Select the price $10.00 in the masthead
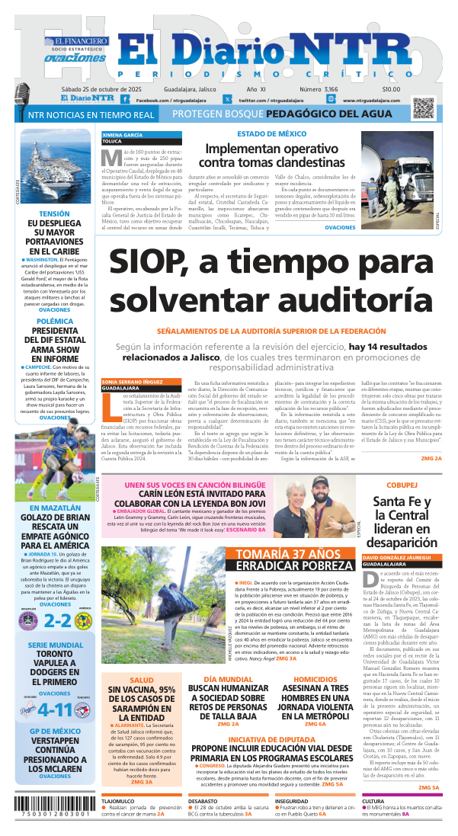point(391,89)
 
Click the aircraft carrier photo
point(54,167)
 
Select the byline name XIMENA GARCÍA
point(122,134)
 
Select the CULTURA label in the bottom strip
point(373,802)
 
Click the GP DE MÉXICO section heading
point(54,732)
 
